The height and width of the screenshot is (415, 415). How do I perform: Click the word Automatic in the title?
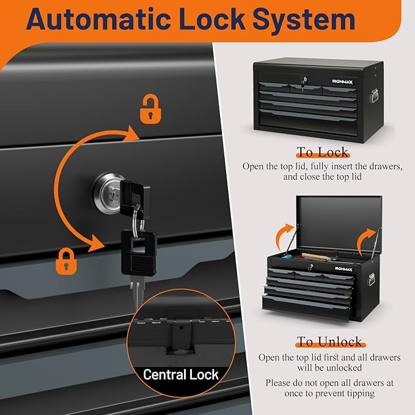point(98,20)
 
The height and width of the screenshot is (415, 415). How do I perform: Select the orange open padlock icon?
point(150,109)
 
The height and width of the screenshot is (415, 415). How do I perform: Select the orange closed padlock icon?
point(66,261)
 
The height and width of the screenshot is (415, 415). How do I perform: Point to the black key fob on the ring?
point(139,253)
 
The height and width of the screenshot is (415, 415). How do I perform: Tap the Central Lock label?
point(181,375)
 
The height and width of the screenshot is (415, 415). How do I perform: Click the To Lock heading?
point(323,152)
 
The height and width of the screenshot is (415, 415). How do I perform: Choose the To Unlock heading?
point(329,342)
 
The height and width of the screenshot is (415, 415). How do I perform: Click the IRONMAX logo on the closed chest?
point(342,82)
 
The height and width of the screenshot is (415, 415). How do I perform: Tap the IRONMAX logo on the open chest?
point(343,269)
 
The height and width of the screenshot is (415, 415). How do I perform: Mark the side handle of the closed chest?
point(375,95)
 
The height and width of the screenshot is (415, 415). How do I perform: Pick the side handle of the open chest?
point(372,279)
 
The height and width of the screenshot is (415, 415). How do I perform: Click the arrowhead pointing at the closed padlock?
point(97,243)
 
